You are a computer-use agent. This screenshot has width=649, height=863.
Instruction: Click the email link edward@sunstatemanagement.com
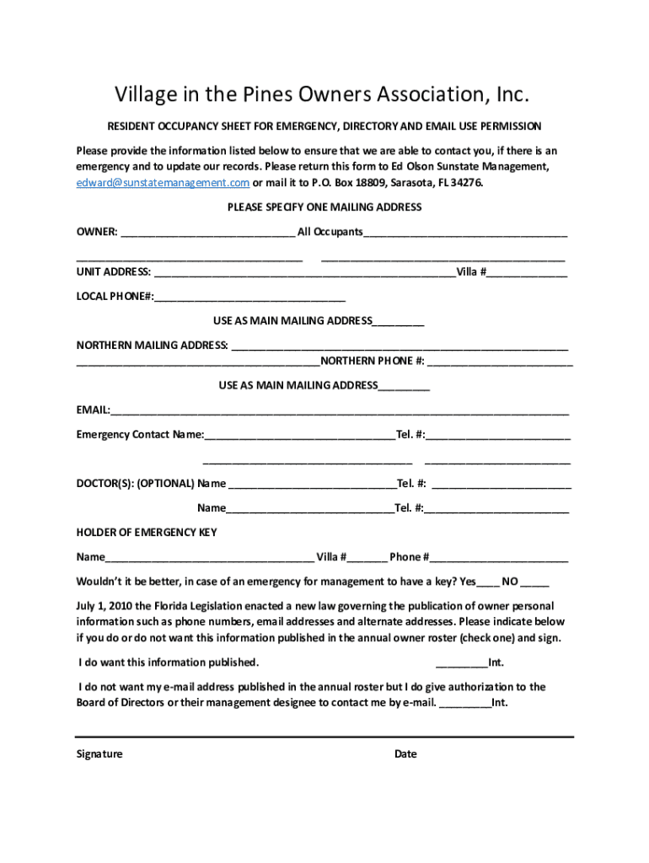tap(163, 183)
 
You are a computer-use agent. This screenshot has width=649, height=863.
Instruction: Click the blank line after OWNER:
tap(207, 233)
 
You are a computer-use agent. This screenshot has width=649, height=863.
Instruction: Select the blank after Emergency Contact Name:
tap(299, 436)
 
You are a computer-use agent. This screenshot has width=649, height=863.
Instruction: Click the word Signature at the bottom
tap(99, 754)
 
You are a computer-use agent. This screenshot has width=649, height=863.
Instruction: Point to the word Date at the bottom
tap(405, 754)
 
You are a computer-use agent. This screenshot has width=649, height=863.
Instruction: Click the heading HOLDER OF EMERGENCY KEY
tap(147, 533)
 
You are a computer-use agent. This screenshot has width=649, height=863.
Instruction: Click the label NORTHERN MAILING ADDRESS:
tap(152, 345)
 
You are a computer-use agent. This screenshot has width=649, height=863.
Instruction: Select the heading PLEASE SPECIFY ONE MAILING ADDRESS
tap(324, 207)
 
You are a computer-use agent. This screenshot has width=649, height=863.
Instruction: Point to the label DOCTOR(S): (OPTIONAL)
tap(135, 484)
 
